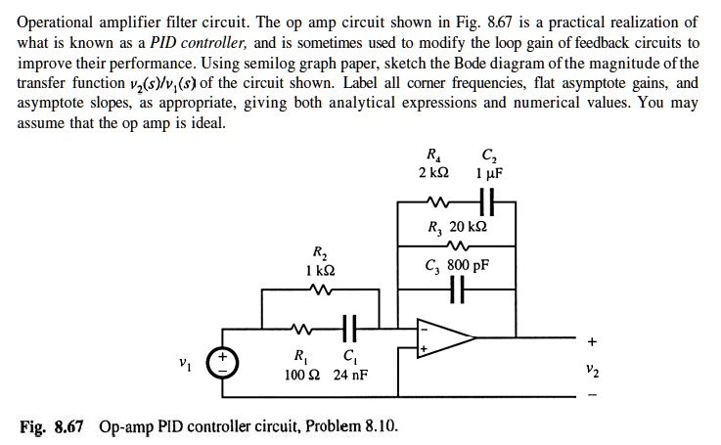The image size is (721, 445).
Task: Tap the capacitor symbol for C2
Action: tap(486, 205)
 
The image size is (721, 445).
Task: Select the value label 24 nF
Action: tap(350, 375)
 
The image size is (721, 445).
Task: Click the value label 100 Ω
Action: tap(298, 375)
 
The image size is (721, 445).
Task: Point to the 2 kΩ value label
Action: tap(432, 173)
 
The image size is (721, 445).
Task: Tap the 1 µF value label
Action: tap(488, 173)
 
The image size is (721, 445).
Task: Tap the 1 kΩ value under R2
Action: tap(316, 268)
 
